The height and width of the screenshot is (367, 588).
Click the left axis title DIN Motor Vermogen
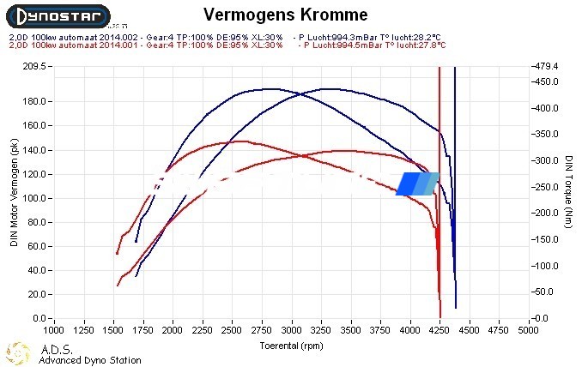14,192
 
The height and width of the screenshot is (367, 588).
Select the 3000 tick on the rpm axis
293,328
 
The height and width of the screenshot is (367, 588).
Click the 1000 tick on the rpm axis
53,328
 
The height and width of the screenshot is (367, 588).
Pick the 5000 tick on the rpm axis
530,328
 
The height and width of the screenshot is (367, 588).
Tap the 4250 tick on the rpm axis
440,328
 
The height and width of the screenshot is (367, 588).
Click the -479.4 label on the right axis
550,66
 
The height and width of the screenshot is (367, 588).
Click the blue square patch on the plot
417,183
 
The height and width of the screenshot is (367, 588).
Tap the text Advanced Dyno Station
90,360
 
